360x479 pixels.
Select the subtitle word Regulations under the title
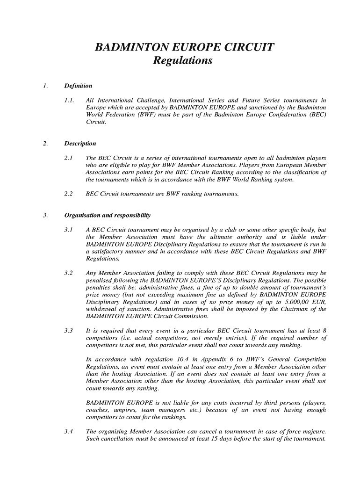pos(183,61)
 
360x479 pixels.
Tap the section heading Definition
pos(78,86)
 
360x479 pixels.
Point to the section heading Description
pos(80,144)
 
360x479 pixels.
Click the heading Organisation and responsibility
pos(107,216)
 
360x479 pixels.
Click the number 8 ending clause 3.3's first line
pos(324,331)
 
